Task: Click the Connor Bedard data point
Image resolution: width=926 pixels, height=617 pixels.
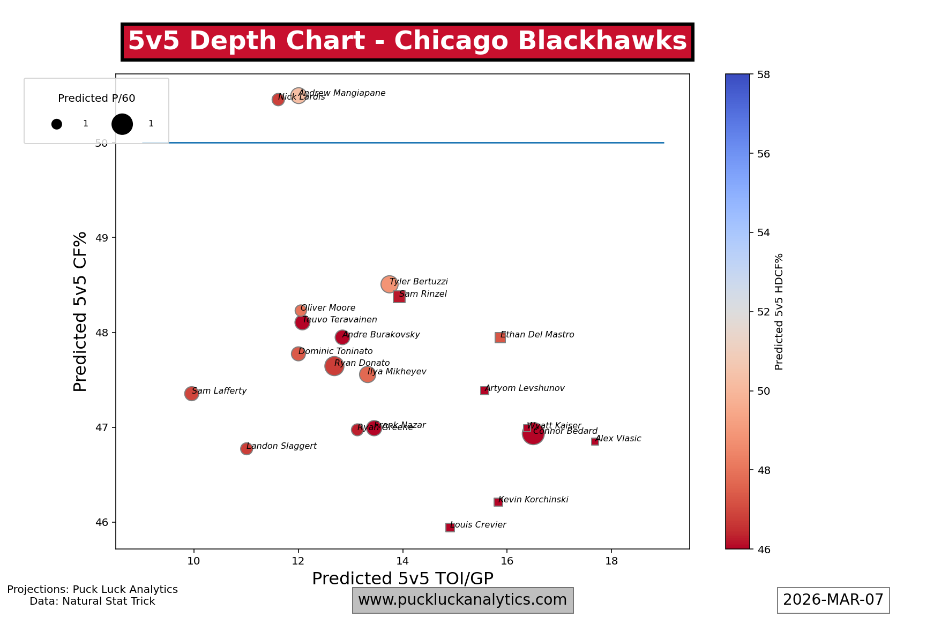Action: [533, 434]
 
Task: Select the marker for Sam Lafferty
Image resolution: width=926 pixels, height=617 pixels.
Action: [191, 394]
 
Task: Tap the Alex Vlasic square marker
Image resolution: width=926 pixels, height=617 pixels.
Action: [595, 441]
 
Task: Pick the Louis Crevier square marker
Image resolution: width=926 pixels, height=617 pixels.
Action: [450, 528]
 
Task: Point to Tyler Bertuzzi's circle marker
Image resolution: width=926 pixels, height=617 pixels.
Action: [389, 284]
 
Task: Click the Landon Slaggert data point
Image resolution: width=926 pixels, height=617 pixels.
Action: [247, 449]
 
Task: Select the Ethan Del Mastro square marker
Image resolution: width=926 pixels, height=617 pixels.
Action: [500, 337]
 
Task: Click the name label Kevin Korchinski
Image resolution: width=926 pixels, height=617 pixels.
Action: [533, 500]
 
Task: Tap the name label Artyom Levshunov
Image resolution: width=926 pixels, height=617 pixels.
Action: [525, 388]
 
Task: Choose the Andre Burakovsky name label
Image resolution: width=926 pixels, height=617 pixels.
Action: [381, 335]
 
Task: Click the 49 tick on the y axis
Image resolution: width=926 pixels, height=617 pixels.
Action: [102, 238]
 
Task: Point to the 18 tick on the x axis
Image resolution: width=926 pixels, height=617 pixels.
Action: [611, 561]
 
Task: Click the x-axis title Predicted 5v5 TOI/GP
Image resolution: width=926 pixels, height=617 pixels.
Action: [402, 578]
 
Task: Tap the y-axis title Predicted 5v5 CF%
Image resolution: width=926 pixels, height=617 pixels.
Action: [80, 311]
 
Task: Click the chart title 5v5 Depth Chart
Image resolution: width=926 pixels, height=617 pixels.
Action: [407, 41]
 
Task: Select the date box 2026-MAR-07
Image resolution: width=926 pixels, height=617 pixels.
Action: [833, 600]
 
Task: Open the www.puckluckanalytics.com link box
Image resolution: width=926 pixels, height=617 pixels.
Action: [462, 600]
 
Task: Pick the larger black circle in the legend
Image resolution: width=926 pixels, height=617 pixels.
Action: [122, 124]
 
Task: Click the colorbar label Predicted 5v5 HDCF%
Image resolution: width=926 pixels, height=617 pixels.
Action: [779, 311]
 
